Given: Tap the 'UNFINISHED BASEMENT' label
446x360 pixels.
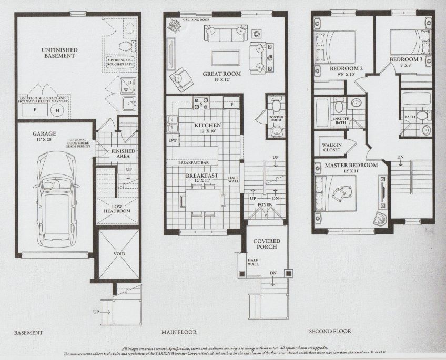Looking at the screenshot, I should pos(60,53).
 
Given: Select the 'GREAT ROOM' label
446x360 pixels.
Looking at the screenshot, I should pos(222,74).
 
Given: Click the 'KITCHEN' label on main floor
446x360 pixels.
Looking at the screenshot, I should pos(208,125).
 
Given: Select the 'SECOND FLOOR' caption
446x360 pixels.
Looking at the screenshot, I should pos(330,332).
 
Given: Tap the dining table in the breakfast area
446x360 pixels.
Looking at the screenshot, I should pos(202,200).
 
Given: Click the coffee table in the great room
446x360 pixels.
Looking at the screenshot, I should pos(226,57).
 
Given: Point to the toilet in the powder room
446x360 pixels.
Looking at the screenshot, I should pos(276,129).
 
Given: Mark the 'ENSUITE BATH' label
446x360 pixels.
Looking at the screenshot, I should pos(341,121).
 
